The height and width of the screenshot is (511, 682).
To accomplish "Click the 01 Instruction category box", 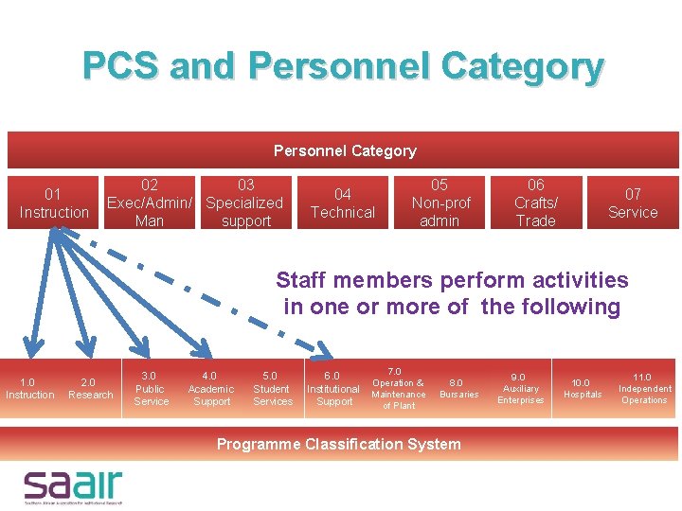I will (x=54, y=203).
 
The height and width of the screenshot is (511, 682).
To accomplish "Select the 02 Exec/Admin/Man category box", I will (x=149, y=203).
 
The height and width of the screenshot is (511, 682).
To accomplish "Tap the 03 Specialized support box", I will (x=245, y=203).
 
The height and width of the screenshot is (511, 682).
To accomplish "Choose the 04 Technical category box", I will (x=343, y=203).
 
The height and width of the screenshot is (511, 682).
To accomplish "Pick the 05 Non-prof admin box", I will (x=440, y=203).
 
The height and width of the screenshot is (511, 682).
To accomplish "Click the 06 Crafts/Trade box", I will (x=535, y=203).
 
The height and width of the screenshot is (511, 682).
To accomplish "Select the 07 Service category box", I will (x=633, y=203).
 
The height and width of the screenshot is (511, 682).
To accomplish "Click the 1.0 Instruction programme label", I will (x=30, y=389).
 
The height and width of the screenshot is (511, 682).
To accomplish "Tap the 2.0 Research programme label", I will (x=90, y=389).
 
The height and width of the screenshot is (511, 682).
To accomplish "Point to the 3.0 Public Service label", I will (x=152, y=389).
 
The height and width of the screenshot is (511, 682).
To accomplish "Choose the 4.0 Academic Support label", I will (x=211, y=389).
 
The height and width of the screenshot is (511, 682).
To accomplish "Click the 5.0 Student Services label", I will (x=272, y=389).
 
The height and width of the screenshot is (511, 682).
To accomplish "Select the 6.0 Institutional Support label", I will (x=333, y=389).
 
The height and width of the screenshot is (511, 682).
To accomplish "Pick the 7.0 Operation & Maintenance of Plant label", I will (x=398, y=389).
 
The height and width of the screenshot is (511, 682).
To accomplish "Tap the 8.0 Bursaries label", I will (x=458, y=389).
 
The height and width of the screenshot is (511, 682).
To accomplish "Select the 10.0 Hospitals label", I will (x=583, y=389).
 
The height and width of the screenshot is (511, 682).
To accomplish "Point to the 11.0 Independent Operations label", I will (x=644, y=389).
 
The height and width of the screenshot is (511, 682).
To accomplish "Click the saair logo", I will (x=74, y=485).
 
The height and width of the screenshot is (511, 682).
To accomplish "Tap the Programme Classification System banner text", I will (x=339, y=444).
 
